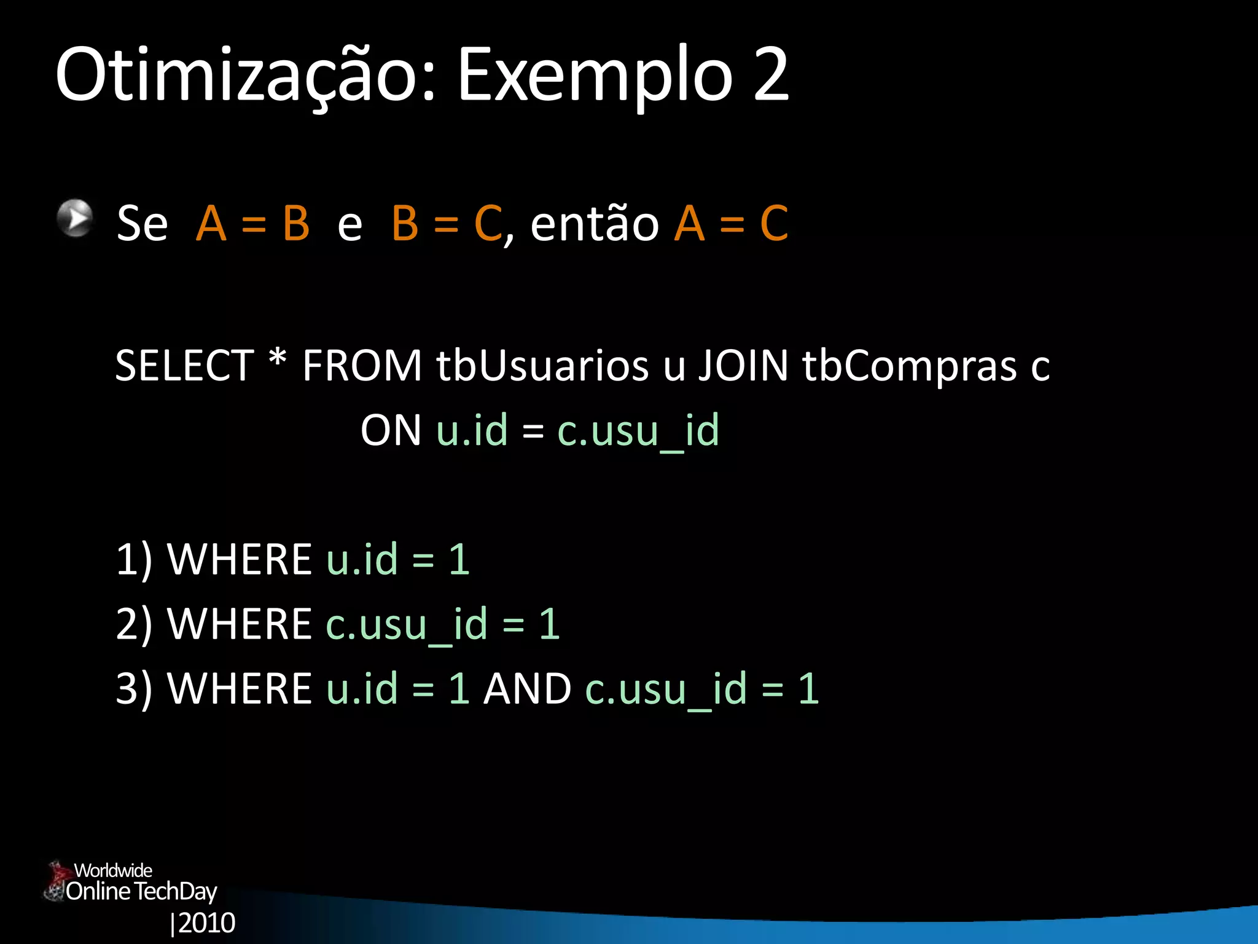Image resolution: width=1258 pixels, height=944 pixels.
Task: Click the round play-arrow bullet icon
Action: pos(75,218)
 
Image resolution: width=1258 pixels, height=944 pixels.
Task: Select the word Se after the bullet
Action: pos(142,223)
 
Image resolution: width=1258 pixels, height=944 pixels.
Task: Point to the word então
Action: pos(594,223)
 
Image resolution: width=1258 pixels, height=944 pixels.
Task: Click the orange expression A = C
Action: pos(731,223)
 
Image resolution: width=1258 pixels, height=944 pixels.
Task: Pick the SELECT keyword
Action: pos(184,366)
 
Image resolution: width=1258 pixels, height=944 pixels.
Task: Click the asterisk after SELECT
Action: pos(278,360)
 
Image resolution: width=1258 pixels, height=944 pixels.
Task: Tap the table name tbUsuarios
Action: pos(542,366)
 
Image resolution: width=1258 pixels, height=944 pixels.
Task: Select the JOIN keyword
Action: pos(743,366)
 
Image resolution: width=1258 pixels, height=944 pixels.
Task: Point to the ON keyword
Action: pos(391,430)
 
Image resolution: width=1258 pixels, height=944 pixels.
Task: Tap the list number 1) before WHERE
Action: pos(134,559)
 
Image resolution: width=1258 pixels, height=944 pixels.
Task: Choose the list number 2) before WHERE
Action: pos(134,624)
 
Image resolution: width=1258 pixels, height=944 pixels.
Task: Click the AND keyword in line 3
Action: pos(528,688)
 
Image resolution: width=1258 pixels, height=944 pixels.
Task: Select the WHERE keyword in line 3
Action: pos(240,688)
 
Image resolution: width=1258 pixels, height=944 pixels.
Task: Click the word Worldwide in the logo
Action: pos(113,870)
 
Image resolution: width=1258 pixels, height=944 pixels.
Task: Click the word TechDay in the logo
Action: pos(175,892)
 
